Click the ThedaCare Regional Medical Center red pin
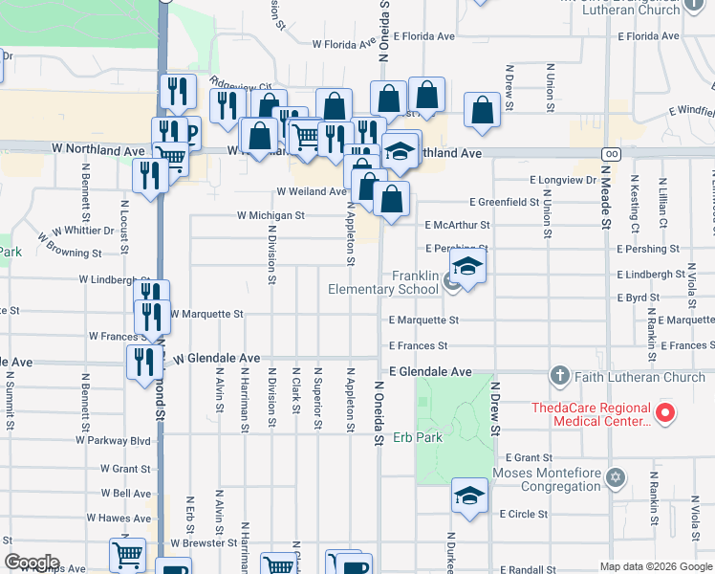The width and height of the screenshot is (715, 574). [667, 414]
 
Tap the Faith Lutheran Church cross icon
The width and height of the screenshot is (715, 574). [560, 376]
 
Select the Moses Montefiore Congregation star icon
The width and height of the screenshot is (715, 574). [617, 475]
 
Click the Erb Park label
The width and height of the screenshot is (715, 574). [415, 437]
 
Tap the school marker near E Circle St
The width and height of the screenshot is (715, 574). [469, 496]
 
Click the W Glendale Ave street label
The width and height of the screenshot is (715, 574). [216, 358]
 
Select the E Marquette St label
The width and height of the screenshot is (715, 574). [423, 320]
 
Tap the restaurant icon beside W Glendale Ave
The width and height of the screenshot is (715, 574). [142, 361]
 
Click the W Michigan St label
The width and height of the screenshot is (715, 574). [271, 216]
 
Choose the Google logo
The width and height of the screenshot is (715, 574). [32, 563]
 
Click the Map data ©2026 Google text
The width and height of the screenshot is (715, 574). [657, 566]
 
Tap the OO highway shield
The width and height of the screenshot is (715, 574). [609, 153]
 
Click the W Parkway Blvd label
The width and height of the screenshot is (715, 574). [119, 441]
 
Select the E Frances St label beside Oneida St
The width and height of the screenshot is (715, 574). [418, 345]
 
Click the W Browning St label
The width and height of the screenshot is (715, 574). [70, 254]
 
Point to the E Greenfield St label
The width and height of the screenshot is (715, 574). [505, 202]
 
